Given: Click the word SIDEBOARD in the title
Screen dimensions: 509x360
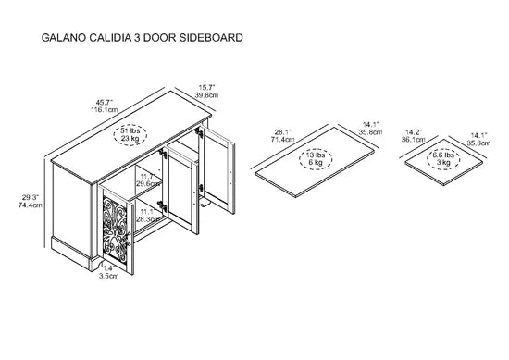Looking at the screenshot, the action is pyautogui.click(x=211, y=38).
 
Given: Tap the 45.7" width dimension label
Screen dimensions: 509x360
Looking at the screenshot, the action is pyautogui.click(x=104, y=102).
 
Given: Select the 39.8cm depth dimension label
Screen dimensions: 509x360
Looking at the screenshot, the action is pyautogui.click(x=206, y=95).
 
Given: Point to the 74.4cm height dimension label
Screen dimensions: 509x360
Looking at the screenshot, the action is pyautogui.click(x=31, y=205).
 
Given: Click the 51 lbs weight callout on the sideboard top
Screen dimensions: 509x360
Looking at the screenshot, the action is pyautogui.click(x=130, y=135).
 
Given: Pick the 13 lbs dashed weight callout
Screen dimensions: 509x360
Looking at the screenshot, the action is pyautogui.click(x=316, y=159).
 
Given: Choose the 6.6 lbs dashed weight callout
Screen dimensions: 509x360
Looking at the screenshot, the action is pyautogui.click(x=443, y=159).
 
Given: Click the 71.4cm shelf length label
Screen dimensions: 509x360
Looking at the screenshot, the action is pyautogui.click(x=283, y=139).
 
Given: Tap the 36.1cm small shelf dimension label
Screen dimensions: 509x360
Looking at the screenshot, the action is pyautogui.click(x=414, y=139).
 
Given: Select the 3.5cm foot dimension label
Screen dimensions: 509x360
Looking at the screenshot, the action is pyautogui.click(x=109, y=276).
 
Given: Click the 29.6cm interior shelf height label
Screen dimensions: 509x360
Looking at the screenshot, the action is pyautogui.click(x=148, y=184).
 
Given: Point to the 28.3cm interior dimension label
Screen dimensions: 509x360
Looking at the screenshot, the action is pyautogui.click(x=147, y=219).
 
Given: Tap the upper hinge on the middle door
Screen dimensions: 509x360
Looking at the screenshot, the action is pyautogui.click(x=162, y=154).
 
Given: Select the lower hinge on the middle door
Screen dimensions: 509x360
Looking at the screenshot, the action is pyautogui.click(x=162, y=206).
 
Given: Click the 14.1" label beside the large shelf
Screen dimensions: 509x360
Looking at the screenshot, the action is pyautogui.click(x=371, y=124).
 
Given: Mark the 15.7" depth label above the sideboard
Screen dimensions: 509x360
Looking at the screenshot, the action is pyautogui.click(x=206, y=88).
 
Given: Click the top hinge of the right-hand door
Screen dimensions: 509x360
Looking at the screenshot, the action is pyautogui.click(x=198, y=132).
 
